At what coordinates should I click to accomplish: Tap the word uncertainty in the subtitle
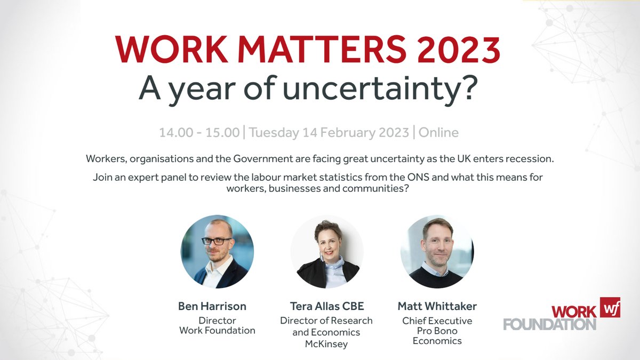[x=379, y=90]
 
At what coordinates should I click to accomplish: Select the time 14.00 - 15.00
[x=199, y=132]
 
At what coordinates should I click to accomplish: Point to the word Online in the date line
[x=438, y=132]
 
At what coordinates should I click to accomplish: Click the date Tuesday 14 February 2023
[x=329, y=132]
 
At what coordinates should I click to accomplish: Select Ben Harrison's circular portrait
[x=217, y=252]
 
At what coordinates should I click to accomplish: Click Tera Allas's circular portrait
[x=327, y=252]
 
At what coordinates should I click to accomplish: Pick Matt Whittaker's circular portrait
[x=437, y=252]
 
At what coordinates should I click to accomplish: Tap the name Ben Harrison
[x=212, y=306]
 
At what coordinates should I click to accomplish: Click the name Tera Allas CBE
[x=326, y=306]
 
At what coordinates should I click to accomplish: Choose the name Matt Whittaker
[x=437, y=306]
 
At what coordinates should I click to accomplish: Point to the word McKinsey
[x=326, y=344]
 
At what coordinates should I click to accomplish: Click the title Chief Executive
[x=437, y=321]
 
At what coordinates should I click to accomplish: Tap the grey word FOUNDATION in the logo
[x=549, y=324]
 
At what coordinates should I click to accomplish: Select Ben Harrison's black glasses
[x=215, y=241]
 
